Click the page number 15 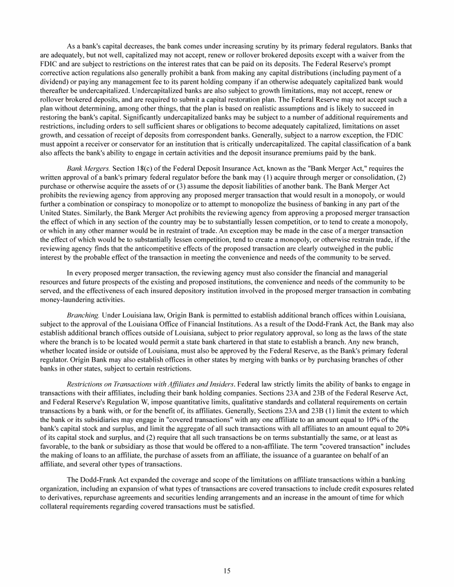[x=227, y=570]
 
